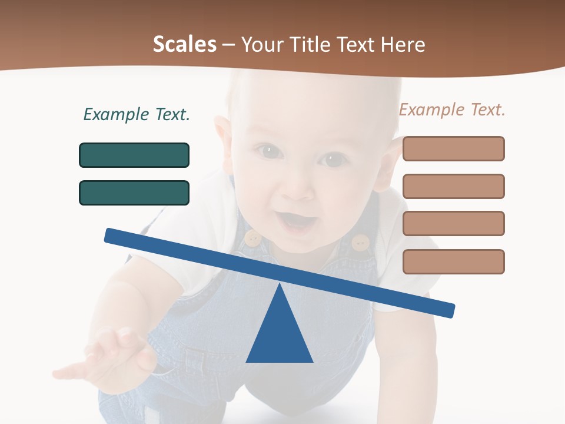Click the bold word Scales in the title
click(184, 45)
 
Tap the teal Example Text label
click(137, 114)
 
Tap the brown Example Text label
click(452, 110)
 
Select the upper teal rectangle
click(134, 155)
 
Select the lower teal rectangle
click(134, 193)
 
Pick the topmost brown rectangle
click(453, 148)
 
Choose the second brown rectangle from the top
click(453, 186)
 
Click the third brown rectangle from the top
click(453, 223)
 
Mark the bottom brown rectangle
click(453, 261)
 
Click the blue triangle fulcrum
click(280, 336)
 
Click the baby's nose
click(298, 188)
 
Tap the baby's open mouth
click(299, 220)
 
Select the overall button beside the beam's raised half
click(252, 238)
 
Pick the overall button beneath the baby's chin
click(360, 242)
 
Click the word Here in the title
click(403, 45)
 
